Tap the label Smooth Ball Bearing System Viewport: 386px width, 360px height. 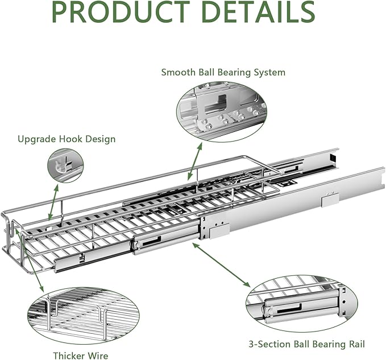(223, 72)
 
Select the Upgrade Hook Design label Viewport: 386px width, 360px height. (67, 139)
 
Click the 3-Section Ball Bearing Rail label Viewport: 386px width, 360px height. (306, 344)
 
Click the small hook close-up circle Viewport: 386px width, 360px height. (65, 166)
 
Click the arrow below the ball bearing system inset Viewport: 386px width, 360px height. (194, 165)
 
